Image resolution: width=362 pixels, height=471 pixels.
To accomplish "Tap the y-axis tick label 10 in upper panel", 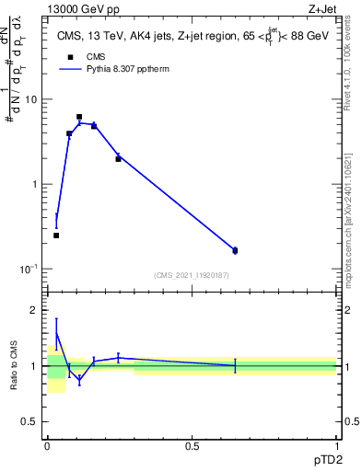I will pyautogui.click(x=30, y=99).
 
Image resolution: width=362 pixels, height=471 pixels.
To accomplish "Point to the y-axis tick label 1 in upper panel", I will pyautogui.click(x=34, y=184).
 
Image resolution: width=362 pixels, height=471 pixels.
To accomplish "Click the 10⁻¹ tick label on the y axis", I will pyautogui.click(x=28, y=269).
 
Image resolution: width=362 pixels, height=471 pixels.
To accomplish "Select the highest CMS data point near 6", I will pyautogui.click(x=79, y=117).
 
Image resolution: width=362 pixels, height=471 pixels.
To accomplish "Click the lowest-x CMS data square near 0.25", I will pyautogui.click(x=56, y=235).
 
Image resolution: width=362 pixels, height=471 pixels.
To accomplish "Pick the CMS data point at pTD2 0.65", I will pyautogui.click(x=235, y=250).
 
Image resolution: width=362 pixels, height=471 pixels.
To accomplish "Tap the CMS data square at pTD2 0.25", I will pyautogui.click(x=118, y=159).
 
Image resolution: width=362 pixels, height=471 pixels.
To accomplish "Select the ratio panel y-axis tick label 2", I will pyautogui.click(x=34, y=310).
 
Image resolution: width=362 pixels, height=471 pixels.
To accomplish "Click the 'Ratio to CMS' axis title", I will pyautogui.click(x=13, y=366).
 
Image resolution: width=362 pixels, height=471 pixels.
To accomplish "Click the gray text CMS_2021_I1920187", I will pyautogui.click(x=192, y=275).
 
